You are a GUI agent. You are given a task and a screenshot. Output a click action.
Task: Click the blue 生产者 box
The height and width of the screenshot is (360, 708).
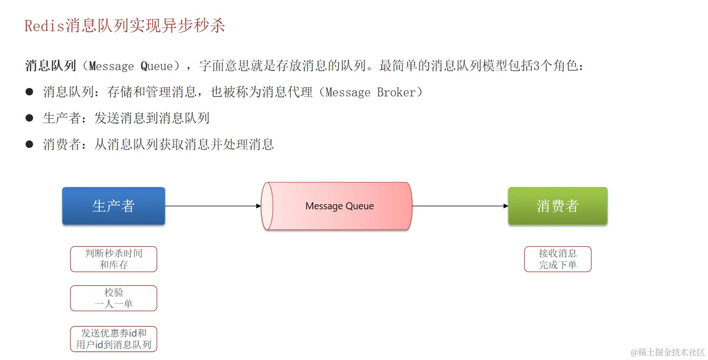coord(113,206)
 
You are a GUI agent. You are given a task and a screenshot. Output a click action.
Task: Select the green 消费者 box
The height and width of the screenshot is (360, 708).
coord(557,206)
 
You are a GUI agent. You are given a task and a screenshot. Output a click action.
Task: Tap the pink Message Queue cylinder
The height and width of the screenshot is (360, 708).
coord(337,206)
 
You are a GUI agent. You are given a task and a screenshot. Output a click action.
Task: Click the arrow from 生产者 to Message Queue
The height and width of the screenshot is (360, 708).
coord(213,206)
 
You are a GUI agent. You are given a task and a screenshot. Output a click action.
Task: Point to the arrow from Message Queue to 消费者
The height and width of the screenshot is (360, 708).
coord(460,206)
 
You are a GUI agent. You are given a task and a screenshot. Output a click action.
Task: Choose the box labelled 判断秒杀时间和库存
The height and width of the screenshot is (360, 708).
coord(113,259)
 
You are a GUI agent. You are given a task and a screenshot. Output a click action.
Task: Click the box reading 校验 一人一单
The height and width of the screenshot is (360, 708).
coord(113,298)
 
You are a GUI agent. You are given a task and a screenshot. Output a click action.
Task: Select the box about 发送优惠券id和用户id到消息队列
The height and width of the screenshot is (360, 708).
coord(113,339)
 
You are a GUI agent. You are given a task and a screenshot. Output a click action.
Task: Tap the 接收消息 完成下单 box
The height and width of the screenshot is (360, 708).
coord(557,259)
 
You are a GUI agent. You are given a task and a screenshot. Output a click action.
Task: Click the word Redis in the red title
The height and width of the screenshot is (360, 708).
coord(44,26)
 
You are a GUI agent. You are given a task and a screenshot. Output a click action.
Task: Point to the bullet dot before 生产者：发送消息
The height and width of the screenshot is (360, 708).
coord(29,118)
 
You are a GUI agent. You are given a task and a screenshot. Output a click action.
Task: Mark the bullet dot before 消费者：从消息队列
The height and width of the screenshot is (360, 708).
coord(29,144)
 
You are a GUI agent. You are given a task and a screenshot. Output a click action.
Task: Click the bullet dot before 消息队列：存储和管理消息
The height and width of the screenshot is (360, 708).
coord(29,92)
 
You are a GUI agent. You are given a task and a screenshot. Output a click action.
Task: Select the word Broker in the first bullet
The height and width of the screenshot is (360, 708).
coord(396,92)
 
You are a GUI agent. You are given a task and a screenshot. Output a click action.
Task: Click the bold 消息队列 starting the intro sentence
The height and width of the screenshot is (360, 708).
coord(50,66)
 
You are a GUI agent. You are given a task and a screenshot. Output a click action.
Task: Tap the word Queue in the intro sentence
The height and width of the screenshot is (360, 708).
coord(157,66)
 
